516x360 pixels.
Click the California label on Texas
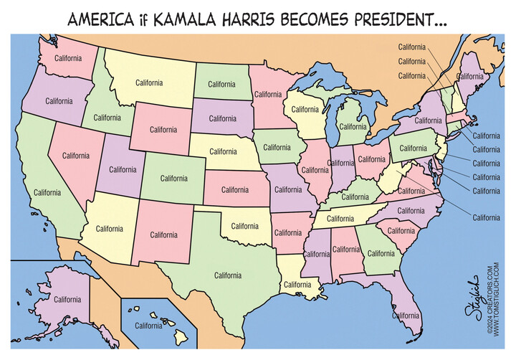coord(228,275)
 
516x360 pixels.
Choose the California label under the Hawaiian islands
coord(148,325)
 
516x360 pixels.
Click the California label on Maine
coord(470,76)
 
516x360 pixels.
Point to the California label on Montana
coord(149,82)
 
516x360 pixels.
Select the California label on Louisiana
coord(297,284)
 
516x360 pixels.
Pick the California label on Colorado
coord(174,178)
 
